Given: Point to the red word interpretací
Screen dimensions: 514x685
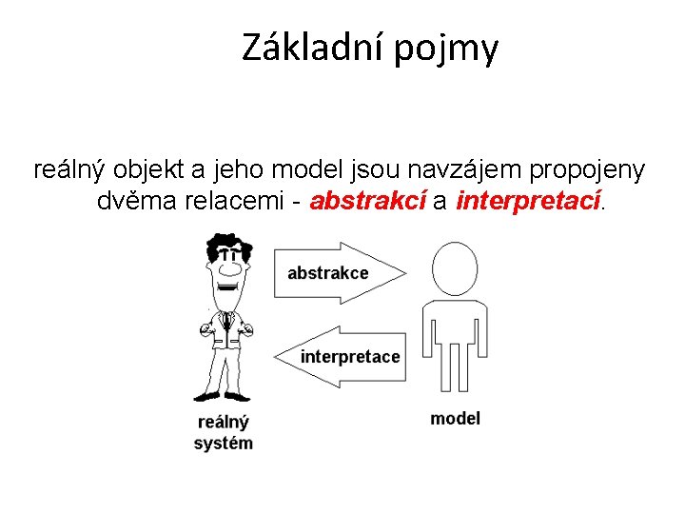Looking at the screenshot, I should click(529, 202).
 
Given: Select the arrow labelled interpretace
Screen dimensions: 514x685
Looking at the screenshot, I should click(342, 357).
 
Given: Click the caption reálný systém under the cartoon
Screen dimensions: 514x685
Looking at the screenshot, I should click(223, 432).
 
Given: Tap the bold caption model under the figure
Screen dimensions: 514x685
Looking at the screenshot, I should click(455, 418).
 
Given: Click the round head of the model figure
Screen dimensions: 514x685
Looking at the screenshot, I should click(454, 266).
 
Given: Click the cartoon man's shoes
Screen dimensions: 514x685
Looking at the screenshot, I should click(224, 394).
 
